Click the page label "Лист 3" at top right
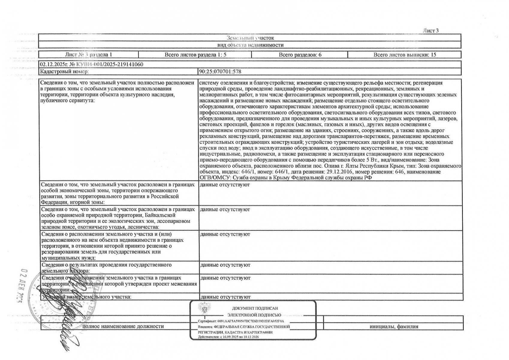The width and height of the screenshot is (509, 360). pyautogui.click(x=431, y=31)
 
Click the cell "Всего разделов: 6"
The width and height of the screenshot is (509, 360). pyautogui.click(x=300, y=55)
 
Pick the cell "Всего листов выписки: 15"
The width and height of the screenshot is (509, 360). pyautogui.click(x=404, y=55)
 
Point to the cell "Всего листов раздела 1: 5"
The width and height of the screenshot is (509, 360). pyautogui.click(x=195, y=55)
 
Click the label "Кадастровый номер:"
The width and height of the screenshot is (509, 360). pyautogui.click(x=64, y=72)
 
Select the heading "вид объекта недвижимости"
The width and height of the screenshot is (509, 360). pyautogui.click(x=250, y=45)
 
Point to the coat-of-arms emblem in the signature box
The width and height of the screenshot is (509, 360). pyautogui.click(x=204, y=309)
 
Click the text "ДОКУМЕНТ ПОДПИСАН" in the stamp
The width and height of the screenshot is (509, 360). pyautogui.click(x=255, y=308)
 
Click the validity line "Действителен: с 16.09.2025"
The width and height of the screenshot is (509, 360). pyautogui.click(x=228, y=337)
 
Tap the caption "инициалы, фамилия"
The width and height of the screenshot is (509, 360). pyautogui.click(x=394, y=327)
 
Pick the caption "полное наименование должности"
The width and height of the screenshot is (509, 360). pyautogui.click(x=123, y=326)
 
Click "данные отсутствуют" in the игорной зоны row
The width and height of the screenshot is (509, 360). pyautogui.click(x=225, y=185)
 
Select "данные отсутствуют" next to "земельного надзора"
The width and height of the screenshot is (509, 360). pyautogui.click(x=225, y=265)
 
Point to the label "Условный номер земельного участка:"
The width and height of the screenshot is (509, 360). pyautogui.click(x=87, y=297)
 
